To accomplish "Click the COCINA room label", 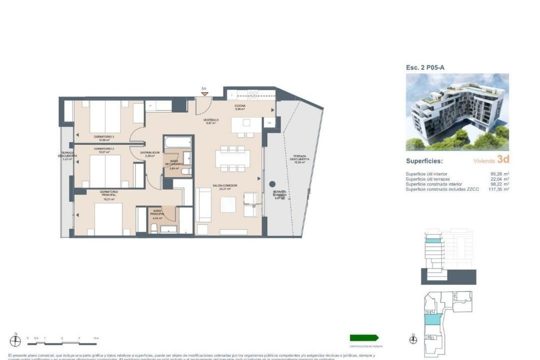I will coord(240,106).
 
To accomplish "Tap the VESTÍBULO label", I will coord(211,120).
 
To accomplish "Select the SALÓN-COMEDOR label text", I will coord(225,186).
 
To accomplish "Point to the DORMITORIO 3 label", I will coord(104,137).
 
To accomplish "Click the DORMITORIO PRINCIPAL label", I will coord(109,193).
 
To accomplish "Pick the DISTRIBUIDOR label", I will coord(150,153).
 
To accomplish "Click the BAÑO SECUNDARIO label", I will coord(174,163).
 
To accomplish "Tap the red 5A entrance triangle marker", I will coord(204,94).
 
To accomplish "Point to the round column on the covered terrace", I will coord(272,184).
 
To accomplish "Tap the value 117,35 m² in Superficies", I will coord(499,189).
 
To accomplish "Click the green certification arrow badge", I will coord(364,338).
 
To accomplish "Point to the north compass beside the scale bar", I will coord(15,341).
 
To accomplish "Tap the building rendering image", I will coord(457,112).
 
